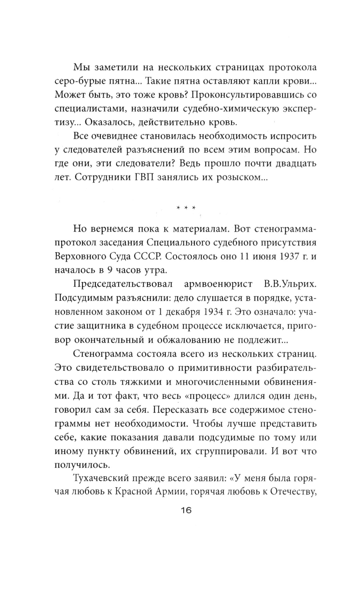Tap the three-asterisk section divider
click(186, 208)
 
